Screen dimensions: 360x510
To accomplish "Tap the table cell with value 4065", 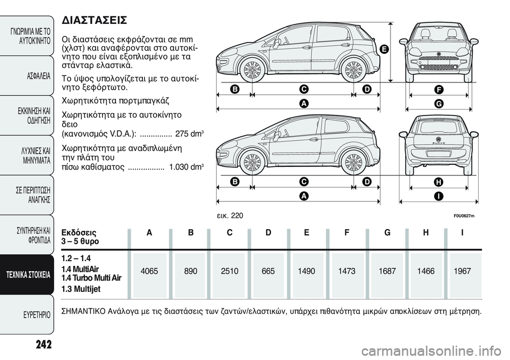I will [x=149, y=271].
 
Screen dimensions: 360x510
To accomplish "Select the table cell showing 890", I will [x=190, y=271].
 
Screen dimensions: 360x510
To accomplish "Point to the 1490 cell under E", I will [x=307, y=271].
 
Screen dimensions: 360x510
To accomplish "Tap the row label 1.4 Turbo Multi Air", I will [x=91, y=278].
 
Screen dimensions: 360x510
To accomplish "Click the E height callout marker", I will [x=383, y=49].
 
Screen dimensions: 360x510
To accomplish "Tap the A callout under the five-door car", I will [x=303, y=104].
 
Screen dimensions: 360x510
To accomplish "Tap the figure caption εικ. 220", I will [x=231, y=215].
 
